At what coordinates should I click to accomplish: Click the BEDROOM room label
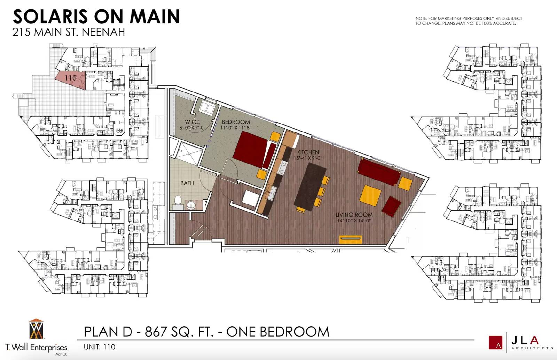coord(236,122)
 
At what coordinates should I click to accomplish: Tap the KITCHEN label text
coord(308,152)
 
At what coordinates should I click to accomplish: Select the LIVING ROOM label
coord(354,215)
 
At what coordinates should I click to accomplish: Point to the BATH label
coord(187,183)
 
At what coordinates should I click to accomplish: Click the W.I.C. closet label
coord(193,122)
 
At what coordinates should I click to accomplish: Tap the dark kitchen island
coord(310,186)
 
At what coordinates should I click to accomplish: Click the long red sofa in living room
coord(378,172)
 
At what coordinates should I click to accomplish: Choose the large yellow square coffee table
coord(370,195)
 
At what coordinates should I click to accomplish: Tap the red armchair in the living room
coord(391,207)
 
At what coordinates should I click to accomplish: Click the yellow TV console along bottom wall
coord(351,239)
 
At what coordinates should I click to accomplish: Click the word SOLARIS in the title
coord(50,17)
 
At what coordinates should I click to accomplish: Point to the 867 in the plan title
coord(155,332)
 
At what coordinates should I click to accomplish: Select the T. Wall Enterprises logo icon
coord(36,329)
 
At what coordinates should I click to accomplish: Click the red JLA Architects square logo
coord(495,343)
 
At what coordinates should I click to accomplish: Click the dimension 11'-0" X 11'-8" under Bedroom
coord(236,128)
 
